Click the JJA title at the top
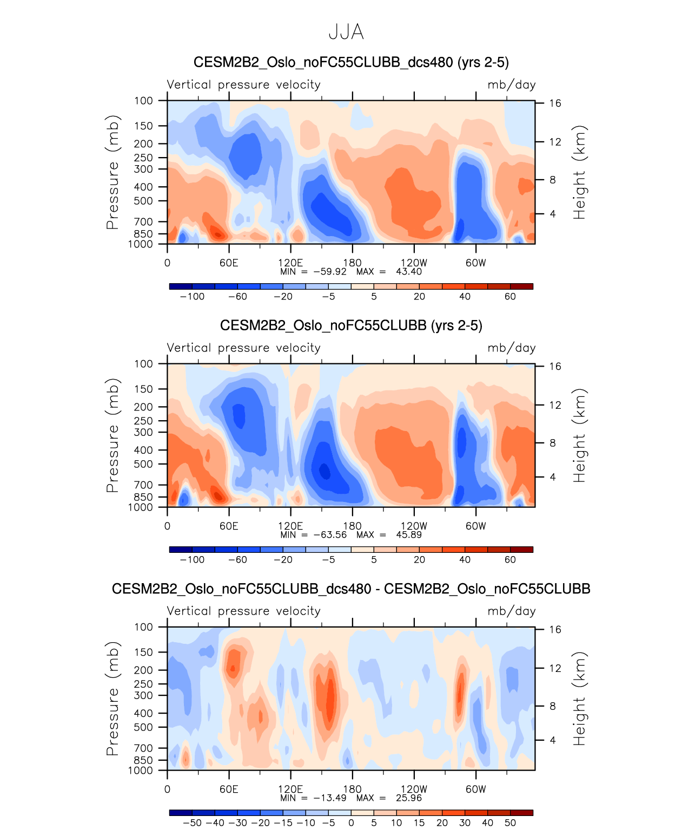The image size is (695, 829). [346, 32]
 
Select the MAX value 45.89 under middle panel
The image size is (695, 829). [409, 535]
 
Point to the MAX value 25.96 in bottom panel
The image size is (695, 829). [409, 798]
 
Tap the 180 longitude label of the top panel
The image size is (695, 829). [352, 263]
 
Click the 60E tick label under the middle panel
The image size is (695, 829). [229, 526]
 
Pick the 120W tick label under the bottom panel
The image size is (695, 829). [414, 789]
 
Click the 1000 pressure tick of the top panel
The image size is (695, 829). [141, 244]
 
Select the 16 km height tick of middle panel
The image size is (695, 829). [555, 367]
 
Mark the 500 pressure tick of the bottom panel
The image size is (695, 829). [143, 727]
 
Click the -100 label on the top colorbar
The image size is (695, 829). [192, 297]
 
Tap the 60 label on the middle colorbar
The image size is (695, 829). [510, 560]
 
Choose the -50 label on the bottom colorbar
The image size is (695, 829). [193, 823]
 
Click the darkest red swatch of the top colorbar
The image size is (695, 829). [521, 286]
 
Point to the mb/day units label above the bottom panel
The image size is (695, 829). [511, 611]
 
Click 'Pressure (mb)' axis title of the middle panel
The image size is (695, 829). [112, 435]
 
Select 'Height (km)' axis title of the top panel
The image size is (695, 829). [579, 172]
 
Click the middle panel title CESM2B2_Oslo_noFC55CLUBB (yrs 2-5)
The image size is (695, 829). [351, 325]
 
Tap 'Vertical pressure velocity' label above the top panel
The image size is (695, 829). [243, 85]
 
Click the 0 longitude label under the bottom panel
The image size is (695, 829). [167, 789]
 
